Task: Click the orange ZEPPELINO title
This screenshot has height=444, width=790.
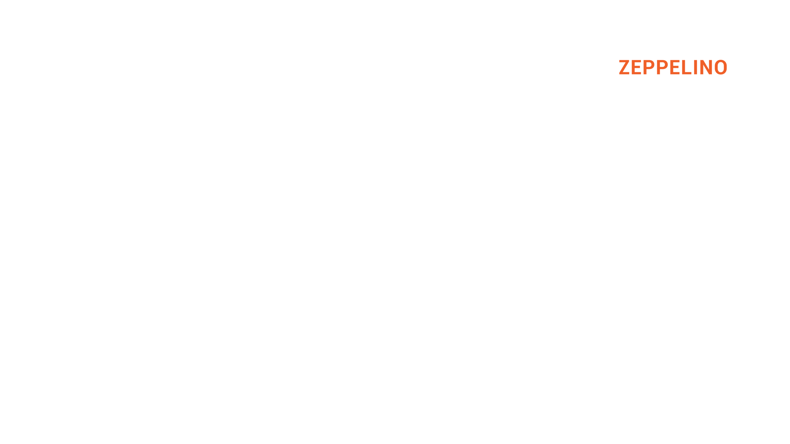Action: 673,68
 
